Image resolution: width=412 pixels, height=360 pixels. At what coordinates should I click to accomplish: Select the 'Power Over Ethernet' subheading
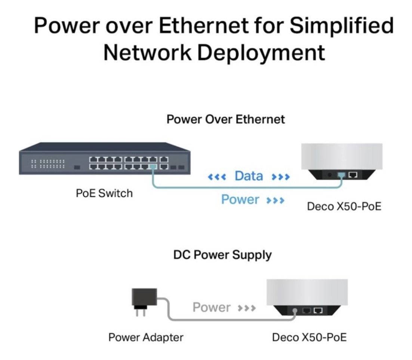[x=225, y=119]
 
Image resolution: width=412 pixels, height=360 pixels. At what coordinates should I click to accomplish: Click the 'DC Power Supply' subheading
[x=222, y=255]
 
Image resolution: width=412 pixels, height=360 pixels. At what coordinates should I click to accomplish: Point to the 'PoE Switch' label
[x=104, y=193]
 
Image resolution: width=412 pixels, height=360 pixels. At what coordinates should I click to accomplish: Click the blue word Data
[x=249, y=176]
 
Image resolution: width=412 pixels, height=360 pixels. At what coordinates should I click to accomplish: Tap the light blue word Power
[x=240, y=199]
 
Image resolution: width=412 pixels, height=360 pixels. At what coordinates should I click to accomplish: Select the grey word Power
[x=211, y=308]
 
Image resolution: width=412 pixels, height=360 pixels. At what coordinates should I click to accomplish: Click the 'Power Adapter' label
[x=146, y=337]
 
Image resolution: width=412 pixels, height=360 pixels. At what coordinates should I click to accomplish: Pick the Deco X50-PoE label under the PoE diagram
[x=344, y=206]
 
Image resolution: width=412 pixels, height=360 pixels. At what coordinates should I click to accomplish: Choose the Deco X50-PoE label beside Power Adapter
[x=309, y=337]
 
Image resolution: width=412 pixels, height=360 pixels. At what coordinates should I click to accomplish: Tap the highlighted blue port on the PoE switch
[x=153, y=167]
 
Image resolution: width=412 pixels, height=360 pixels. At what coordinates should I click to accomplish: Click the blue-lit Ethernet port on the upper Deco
[x=341, y=175]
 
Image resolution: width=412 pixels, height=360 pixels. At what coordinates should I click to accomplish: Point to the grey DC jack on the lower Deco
[x=295, y=310]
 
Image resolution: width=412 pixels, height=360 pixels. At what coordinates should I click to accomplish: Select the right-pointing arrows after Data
[x=281, y=177]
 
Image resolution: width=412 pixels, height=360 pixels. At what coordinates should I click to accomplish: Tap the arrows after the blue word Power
[x=276, y=200]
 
